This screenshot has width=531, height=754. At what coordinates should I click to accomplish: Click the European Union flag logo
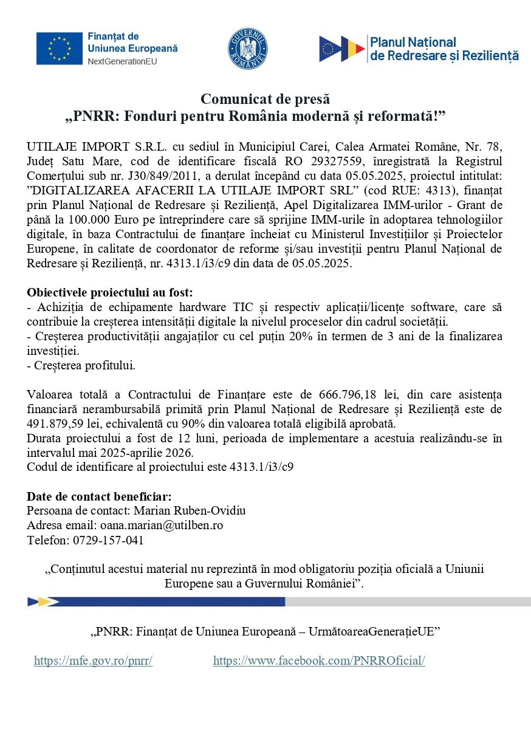point(59,49)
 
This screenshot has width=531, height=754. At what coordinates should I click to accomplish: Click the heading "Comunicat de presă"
point(265,98)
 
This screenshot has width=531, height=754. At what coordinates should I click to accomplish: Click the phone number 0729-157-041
point(108,539)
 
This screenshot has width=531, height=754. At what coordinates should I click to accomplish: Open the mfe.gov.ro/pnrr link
point(93,661)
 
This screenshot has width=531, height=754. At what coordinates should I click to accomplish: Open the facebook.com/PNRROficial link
point(319,661)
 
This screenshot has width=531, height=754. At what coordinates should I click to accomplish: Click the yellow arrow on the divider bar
point(43,601)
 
